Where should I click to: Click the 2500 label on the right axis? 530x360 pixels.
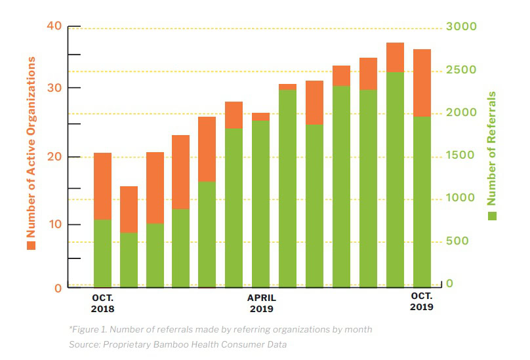pyautogui.click(x=462, y=70)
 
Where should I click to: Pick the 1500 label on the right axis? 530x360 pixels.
pyautogui.click(x=462, y=155)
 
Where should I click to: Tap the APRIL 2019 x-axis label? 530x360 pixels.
pyautogui.click(x=261, y=303)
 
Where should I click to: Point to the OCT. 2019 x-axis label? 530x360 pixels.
pyautogui.click(x=421, y=302)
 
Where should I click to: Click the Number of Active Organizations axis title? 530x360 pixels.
pyautogui.click(x=31, y=146)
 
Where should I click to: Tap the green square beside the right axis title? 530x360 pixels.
pyautogui.click(x=492, y=216)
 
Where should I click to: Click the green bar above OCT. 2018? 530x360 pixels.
pyautogui.click(x=102, y=253)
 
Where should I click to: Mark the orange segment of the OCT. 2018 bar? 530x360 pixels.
pyautogui.click(x=102, y=186)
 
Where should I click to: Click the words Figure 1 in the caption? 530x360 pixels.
pyautogui.click(x=88, y=329)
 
